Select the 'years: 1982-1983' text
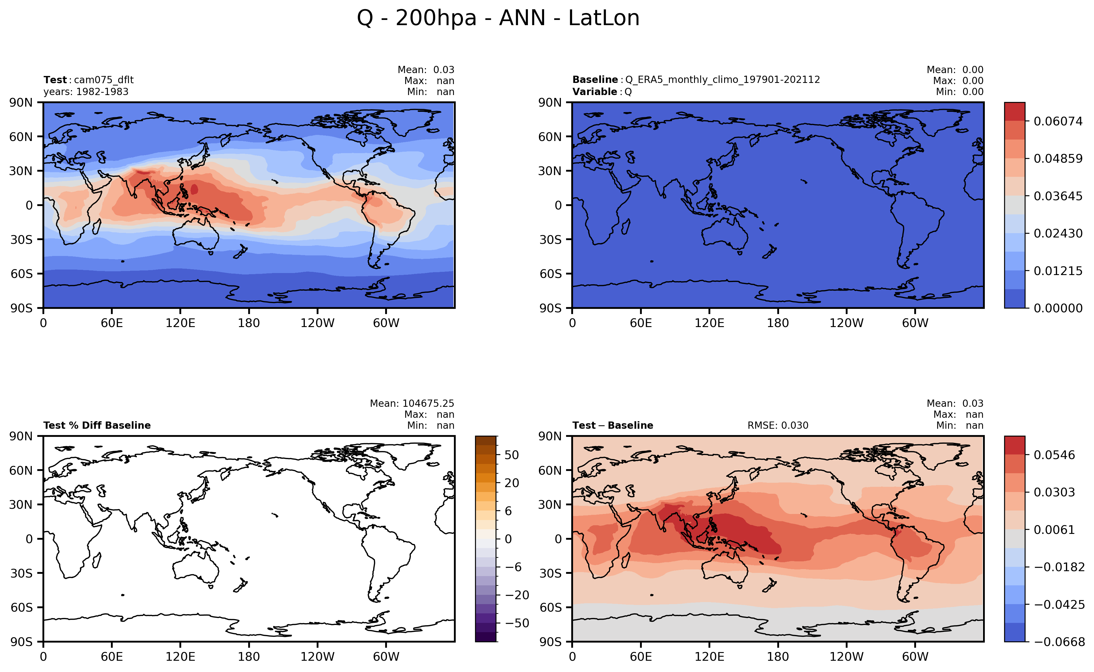(86, 92)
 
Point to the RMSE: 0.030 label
(778, 425)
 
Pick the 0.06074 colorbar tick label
(1058, 121)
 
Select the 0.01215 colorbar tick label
(1058, 271)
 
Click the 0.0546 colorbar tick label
(1054, 455)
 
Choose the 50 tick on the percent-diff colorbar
(512, 455)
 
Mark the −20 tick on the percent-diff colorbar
(517, 595)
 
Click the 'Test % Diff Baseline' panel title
(97, 425)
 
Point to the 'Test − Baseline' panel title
(613, 425)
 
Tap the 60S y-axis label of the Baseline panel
(550, 274)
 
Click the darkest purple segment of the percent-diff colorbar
(486, 637)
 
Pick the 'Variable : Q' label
(602, 92)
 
